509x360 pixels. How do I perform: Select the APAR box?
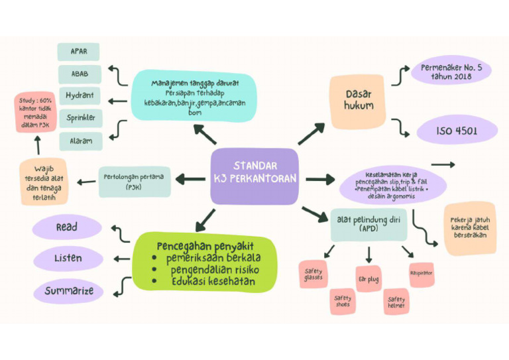(78, 52)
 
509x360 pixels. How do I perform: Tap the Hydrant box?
(80, 95)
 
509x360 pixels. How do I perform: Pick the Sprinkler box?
(80, 118)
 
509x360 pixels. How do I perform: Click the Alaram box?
(80, 141)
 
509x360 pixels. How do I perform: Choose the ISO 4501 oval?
(457, 131)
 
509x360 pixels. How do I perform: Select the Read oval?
(67, 227)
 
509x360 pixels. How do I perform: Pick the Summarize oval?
(69, 290)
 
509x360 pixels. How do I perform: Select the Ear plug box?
(368, 280)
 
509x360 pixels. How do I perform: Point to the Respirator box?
(422, 273)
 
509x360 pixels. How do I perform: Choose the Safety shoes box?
(343, 302)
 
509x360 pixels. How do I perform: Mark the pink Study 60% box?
(36, 113)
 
